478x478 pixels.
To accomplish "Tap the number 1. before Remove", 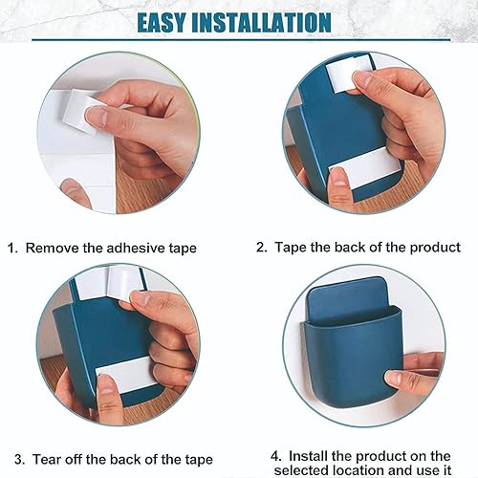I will coord(12,248).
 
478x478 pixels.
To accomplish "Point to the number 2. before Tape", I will coord(261,247).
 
